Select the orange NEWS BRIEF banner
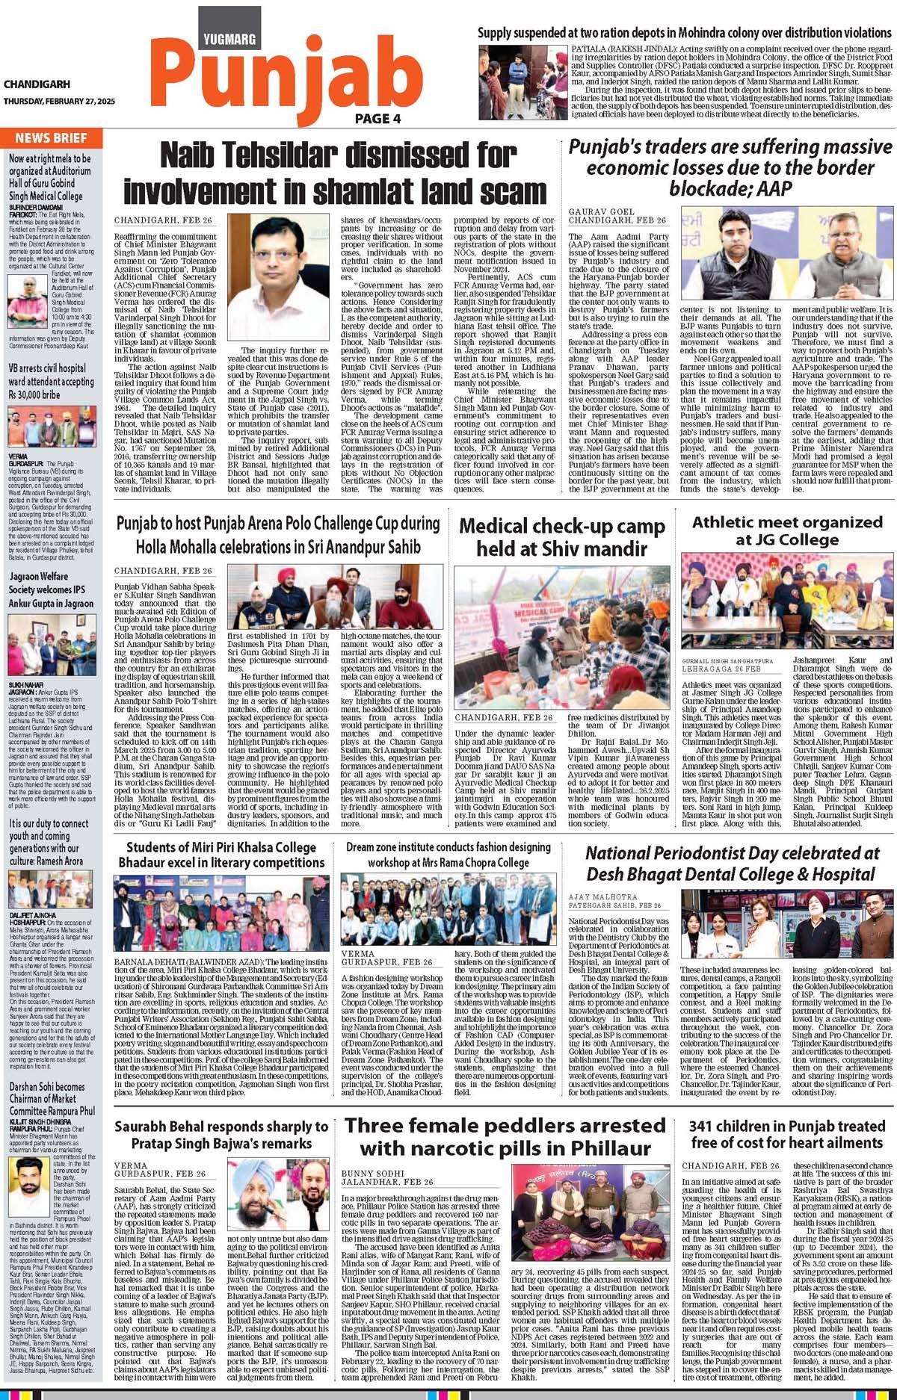pos(49,137)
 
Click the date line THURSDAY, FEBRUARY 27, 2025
pos(48,102)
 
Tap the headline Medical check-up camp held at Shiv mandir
pos(561,538)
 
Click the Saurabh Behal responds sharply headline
pos(221,1135)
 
